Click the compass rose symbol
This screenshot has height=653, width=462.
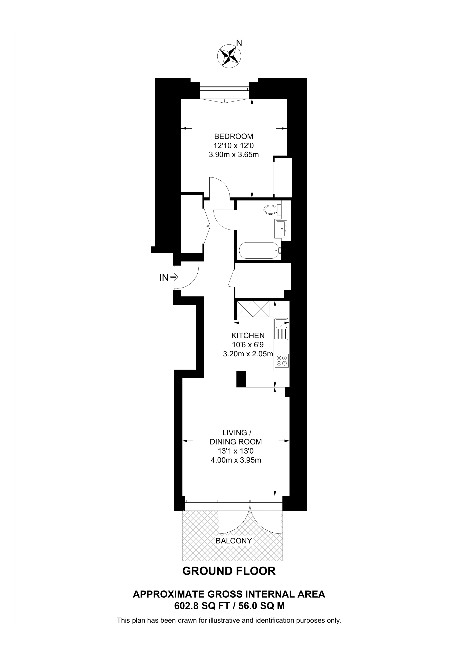click(229, 56)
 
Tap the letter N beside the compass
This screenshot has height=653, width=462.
click(239, 43)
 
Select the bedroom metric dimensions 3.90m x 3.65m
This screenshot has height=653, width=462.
click(234, 155)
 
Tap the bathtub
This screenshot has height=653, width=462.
click(260, 250)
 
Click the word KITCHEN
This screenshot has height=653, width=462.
click(248, 336)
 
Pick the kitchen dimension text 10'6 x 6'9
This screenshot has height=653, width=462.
click(248, 345)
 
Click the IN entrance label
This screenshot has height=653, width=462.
click(164, 278)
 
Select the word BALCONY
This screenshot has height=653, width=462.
click(234, 541)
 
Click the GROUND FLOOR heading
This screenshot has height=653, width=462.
click(229, 571)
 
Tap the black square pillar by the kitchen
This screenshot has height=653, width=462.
click(241, 379)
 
